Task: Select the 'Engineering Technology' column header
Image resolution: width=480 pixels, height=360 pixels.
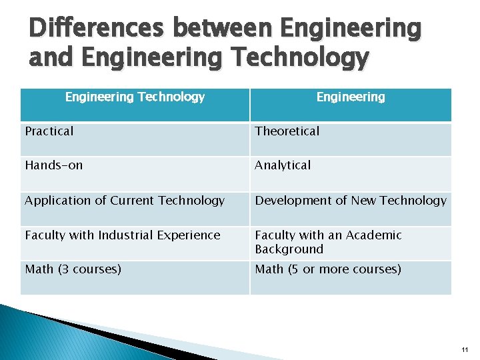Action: point(135,97)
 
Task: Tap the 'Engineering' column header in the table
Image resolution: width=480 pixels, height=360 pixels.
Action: point(351,97)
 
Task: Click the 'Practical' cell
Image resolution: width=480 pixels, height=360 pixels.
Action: point(49,131)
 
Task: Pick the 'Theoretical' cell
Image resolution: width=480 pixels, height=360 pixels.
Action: point(287,131)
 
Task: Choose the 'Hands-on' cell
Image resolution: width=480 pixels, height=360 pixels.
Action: point(54,165)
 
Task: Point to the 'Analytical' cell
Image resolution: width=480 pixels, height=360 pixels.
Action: point(283,165)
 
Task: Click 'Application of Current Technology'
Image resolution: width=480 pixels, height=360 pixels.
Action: point(125,201)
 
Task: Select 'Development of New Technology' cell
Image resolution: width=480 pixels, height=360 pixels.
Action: point(351,201)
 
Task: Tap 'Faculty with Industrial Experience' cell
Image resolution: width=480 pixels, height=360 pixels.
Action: point(123,235)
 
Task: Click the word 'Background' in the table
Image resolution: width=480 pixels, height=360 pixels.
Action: point(289,249)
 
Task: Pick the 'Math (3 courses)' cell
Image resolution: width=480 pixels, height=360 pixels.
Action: point(73,269)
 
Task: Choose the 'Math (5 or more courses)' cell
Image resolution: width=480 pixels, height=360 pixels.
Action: point(328,269)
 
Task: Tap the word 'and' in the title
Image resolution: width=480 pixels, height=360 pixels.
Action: point(52,58)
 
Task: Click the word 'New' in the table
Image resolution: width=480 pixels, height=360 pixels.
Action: point(376,201)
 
